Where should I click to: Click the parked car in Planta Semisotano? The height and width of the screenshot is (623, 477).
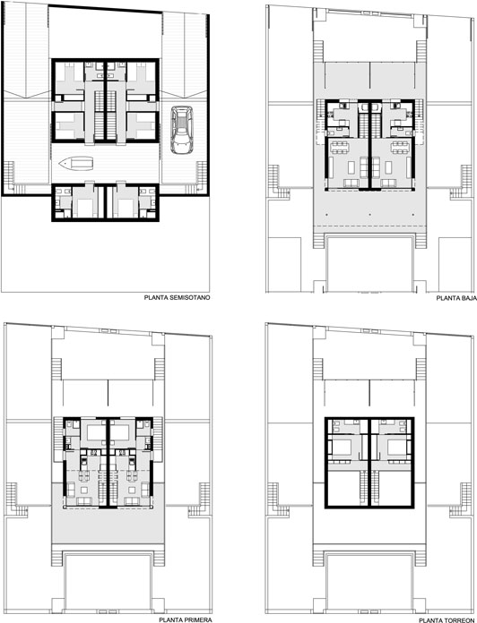pos(181,130)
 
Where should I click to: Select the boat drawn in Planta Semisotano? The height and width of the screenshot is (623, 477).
pos(76,163)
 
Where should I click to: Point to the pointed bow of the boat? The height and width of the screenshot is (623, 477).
pos(59,163)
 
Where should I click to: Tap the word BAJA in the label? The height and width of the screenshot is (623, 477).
pos(468,297)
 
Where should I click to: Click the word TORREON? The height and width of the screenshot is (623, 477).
pos(463,619)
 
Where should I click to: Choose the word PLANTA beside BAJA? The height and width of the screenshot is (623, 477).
pos(447,297)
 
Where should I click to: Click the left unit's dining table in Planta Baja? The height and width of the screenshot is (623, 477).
pos(340,148)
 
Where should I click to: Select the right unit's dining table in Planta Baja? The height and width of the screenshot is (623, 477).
pos(399,148)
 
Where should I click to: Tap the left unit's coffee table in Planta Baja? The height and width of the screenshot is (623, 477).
pos(351,167)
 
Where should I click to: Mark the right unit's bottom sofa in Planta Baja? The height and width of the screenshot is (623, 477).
pos(388,183)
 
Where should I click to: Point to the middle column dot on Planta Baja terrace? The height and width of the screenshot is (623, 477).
pos(369,215)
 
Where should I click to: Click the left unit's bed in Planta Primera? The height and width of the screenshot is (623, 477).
pos(95,432)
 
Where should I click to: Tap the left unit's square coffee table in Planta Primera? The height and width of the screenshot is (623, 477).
pos(84,489)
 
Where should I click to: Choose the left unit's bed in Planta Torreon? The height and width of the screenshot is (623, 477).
pos(342,448)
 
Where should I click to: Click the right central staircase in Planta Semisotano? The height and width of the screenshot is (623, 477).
pos(111,115)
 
